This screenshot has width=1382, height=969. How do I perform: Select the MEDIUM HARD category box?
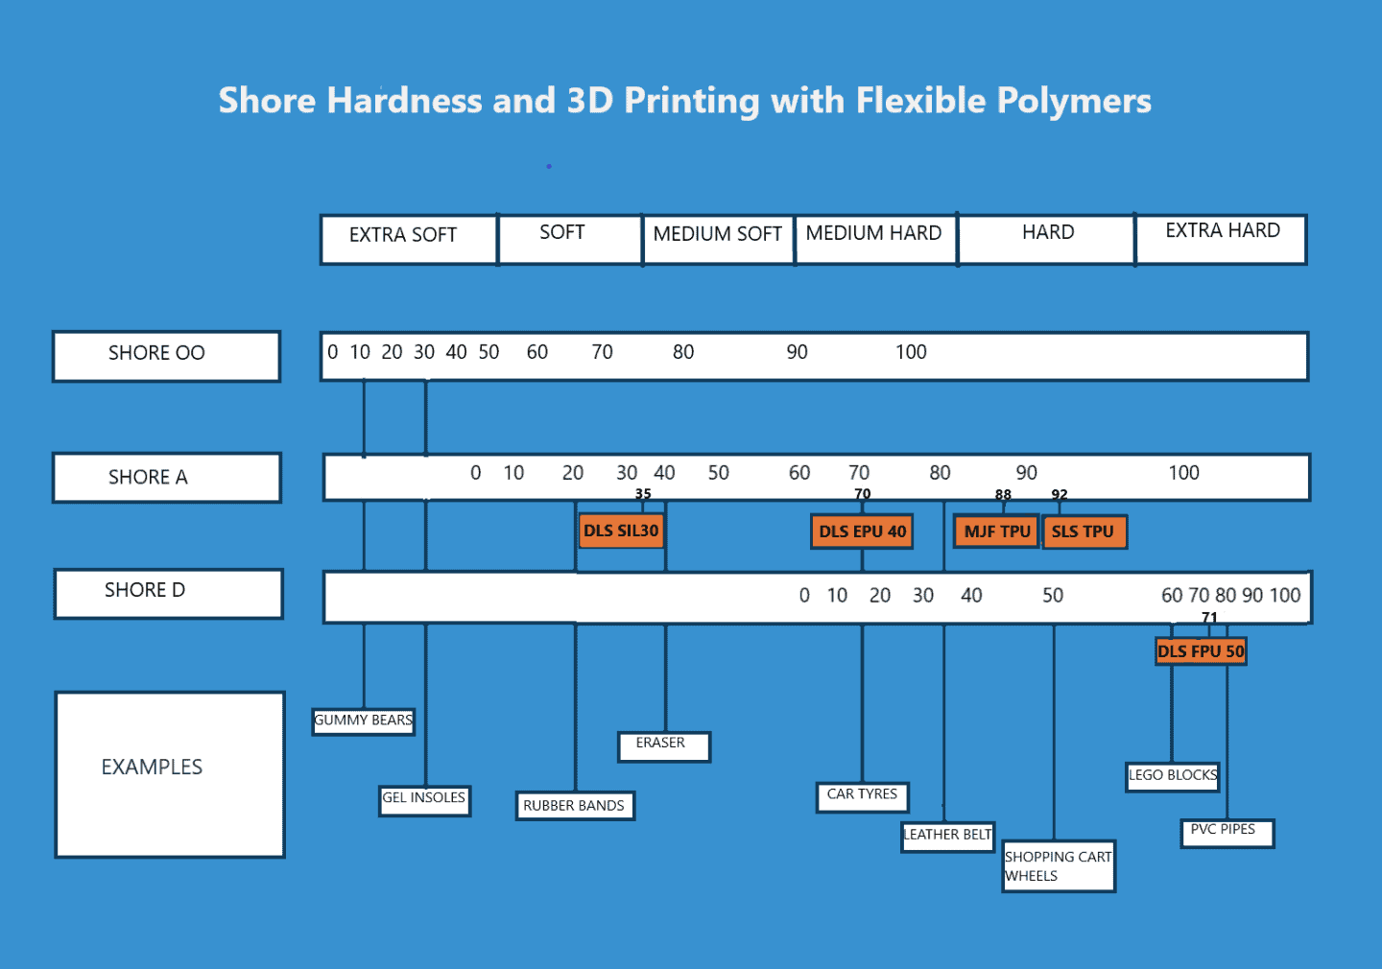click(874, 238)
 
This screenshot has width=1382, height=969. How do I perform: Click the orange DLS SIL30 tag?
click(622, 531)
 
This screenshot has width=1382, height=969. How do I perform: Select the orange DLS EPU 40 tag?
click(862, 532)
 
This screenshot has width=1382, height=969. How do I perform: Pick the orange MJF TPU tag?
click(996, 531)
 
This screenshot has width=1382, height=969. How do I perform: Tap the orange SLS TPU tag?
click(1084, 532)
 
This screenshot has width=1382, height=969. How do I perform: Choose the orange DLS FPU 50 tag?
click(1201, 651)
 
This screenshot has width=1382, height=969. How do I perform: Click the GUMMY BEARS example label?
click(363, 721)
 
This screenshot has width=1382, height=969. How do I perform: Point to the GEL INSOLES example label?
click(424, 798)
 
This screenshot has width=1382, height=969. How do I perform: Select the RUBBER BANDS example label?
click(574, 806)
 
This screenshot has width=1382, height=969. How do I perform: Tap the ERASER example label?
click(663, 745)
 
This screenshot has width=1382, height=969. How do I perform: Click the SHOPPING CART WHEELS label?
click(1058, 866)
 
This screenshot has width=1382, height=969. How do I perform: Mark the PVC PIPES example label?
click(1226, 832)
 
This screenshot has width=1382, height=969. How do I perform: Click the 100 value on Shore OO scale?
click(911, 352)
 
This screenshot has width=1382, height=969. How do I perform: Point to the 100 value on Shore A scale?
click(1183, 473)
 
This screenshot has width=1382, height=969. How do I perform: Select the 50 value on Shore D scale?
click(1053, 596)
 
